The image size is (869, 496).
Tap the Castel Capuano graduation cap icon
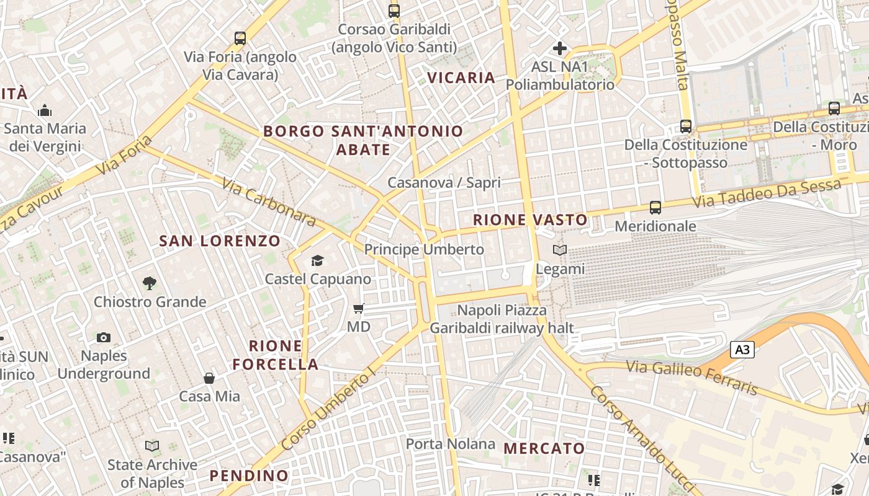click(x=318, y=260)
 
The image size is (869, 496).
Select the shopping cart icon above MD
click(x=358, y=308)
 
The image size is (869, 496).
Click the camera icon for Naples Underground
click(x=104, y=337)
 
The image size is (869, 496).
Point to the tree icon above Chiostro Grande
click(x=149, y=283)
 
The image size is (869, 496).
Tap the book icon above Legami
click(x=560, y=250)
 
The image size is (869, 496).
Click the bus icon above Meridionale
click(x=655, y=208)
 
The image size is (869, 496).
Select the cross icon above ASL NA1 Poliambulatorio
click(x=560, y=48)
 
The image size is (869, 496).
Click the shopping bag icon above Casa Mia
click(x=209, y=378)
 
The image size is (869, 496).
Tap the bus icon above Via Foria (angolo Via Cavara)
click(x=240, y=38)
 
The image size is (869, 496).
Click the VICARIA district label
click(x=461, y=77)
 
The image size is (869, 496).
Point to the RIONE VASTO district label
click(x=530, y=219)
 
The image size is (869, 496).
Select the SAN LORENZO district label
click(x=220, y=241)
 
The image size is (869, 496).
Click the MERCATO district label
click(x=544, y=448)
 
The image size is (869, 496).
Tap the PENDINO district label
click(x=249, y=476)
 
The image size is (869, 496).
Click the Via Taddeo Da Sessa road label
click(x=767, y=193)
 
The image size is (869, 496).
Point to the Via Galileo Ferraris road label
click(x=691, y=377)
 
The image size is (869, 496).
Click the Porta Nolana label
click(x=451, y=444)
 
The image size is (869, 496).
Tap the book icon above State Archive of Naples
click(x=152, y=446)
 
